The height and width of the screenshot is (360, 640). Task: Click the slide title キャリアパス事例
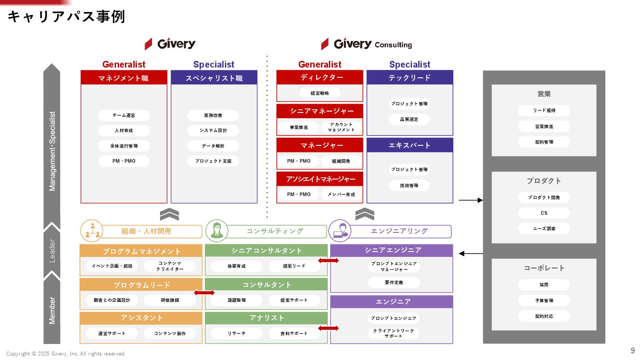pos(66,17)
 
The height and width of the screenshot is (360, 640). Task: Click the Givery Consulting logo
pos(367,44)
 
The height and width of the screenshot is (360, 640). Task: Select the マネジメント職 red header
pos(124,78)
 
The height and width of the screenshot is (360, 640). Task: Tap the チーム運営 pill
pos(124,116)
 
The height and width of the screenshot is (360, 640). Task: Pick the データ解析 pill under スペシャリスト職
pos(213,146)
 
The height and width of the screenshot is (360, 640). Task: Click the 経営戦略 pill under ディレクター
pos(320,93)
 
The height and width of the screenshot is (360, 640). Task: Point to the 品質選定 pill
pos(409,120)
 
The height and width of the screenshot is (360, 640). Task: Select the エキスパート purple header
pos(409,145)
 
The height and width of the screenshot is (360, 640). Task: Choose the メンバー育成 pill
pos(341,195)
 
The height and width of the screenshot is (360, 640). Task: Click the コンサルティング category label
pos(275,231)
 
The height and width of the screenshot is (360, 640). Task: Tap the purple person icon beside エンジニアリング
pos(340,231)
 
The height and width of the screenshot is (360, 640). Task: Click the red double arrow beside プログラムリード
pos(204,292)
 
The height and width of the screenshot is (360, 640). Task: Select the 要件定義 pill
pos(394,283)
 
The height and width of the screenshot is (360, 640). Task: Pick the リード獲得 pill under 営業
pos(544,111)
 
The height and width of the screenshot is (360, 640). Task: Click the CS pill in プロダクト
pos(544,213)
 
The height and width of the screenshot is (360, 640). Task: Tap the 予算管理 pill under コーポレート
pos(544,301)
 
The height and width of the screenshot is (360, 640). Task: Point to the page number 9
pos(633,350)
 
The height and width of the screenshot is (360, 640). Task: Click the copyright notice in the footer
pos(66,354)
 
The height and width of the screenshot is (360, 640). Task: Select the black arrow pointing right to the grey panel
pos(470,200)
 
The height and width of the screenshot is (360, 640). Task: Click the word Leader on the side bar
pos(52,251)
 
